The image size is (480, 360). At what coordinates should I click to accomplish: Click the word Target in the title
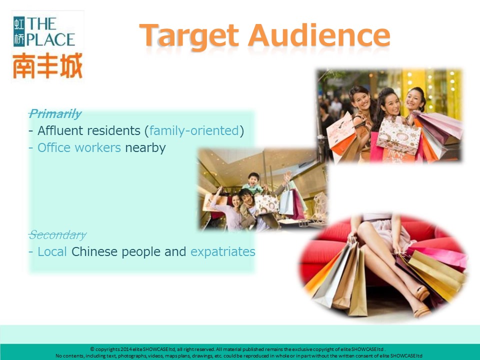(x=189, y=36)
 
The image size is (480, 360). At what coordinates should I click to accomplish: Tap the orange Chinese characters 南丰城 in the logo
(x=47, y=65)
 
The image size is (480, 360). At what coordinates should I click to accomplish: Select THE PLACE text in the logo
(x=50, y=32)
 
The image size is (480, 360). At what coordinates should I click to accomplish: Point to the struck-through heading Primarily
(x=55, y=113)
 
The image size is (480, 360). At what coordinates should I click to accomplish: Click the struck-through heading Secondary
(x=57, y=235)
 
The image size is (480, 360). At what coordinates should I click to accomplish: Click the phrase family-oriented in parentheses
(x=194, y=131)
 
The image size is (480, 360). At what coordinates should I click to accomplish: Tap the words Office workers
(x=79, y=148)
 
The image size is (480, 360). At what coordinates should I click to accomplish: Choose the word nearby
(x=145, y=148)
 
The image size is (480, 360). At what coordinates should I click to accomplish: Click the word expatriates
(x=223, y=252)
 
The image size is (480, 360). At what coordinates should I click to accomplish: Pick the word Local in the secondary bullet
(x=52, y=251)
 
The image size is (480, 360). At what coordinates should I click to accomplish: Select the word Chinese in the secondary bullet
(x=94, y=251)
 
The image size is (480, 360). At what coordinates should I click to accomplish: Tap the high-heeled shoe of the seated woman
(x=422, y=293)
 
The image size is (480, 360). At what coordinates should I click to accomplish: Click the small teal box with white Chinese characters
(x=19, y=31)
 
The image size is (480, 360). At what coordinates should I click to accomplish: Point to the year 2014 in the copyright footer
(x=126, y=349)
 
